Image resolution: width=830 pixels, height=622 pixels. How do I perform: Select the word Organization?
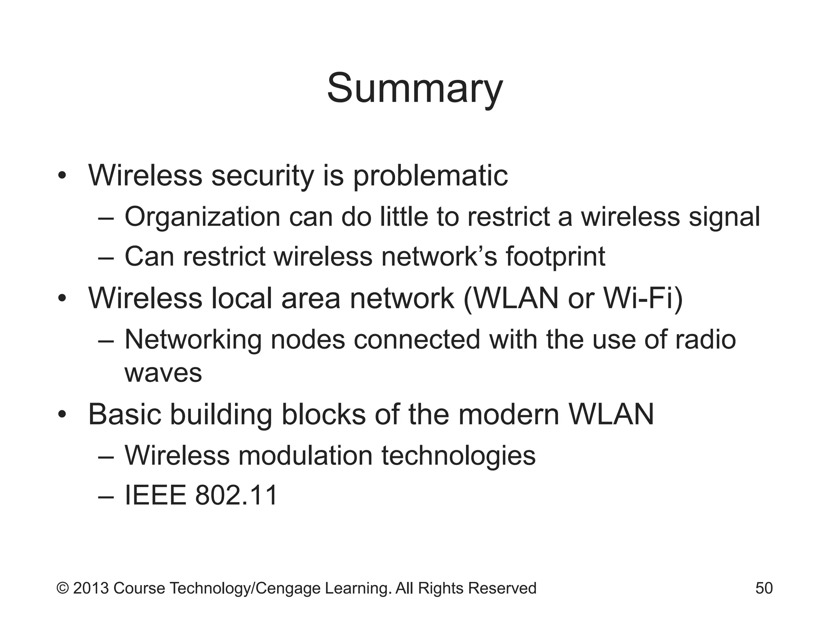[202, 217]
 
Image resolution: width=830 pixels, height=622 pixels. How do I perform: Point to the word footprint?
[555, 257]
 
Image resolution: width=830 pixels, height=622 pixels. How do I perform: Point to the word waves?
[163, 373]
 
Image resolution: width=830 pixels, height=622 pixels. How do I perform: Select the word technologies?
[458, 455]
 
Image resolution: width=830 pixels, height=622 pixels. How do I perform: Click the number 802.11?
[236, 495]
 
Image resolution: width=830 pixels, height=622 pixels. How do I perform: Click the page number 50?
[764, 588]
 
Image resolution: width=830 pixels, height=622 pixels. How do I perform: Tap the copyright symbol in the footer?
[62, 588]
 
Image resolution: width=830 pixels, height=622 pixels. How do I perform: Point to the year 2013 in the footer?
[91, 588]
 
